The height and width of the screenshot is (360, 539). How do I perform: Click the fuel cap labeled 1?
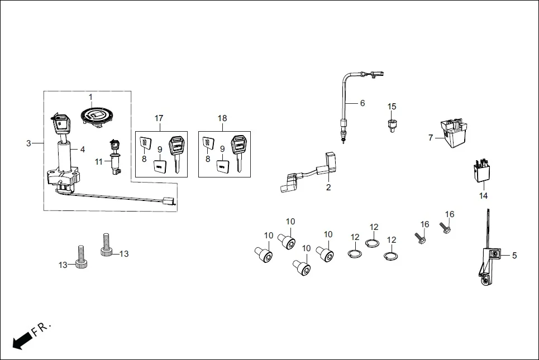click(98, 116)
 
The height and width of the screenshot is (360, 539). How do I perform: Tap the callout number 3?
click(28, 143)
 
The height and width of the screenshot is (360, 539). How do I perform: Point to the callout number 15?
click(392, 107)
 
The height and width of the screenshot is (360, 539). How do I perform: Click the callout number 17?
click(159, 118)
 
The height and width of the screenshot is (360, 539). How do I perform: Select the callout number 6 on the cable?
click(362, 103)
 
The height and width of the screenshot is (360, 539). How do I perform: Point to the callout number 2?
click(328, 188)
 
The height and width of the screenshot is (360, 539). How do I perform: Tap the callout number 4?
click(82, 149)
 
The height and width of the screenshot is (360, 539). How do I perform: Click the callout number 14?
click(483, 196)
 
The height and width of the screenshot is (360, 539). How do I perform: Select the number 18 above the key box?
click(222, 118)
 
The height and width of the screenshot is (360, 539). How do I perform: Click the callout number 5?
click(514, 256)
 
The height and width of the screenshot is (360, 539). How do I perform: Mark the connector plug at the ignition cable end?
click(167, 201)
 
